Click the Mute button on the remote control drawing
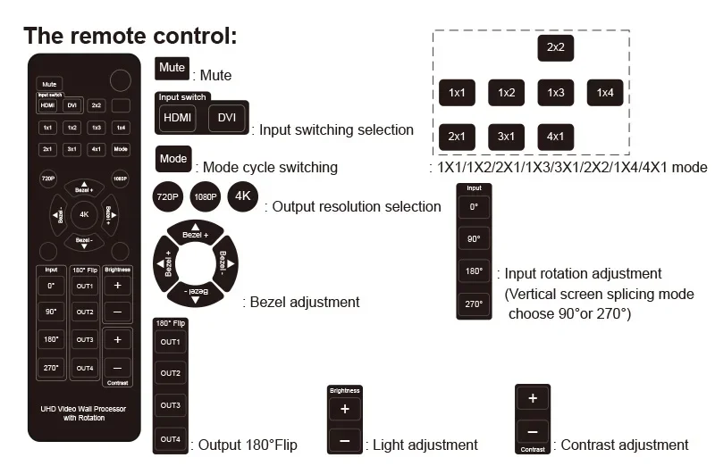pyautogui.click(x=49, y=84)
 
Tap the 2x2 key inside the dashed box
pyautogui.click(x=555, y=47)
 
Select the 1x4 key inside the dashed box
pyautogui.click(x=605, y=93)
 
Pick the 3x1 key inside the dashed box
pyautogui.click(x=506, y=137)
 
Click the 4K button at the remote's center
pyautogui.click(x=84, y=214)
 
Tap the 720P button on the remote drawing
pyautogui.click(x=48, y=179)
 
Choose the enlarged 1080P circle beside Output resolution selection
pyautogui.click(x=206, y=196)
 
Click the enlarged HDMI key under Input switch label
pyautogui.click(x=177, y=118)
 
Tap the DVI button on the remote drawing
pyautogui.click(x=72, y=105)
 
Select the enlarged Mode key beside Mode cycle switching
pyautogui.click(x=173, y=159)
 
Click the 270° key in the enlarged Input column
pyautogui.click(x=474, y=304)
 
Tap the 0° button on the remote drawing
pyautogui.click(x=51, y=286)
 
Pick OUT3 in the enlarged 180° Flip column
pyautogui.click(x=170, y=405)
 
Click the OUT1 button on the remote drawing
pyautogui.click(x=85, y=286)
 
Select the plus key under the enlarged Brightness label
pyautogui.click(x=345, y=409)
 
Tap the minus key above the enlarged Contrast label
pyautogui.click(x=533, y=432)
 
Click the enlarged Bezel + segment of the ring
pyautogui.click(x=196, y=233)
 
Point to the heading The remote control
pyautogui.click(x=130, y=36)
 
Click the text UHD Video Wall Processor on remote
pyautogui.click(x=83, y=409)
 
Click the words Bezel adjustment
pyautogui.click(x=305, y=302)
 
